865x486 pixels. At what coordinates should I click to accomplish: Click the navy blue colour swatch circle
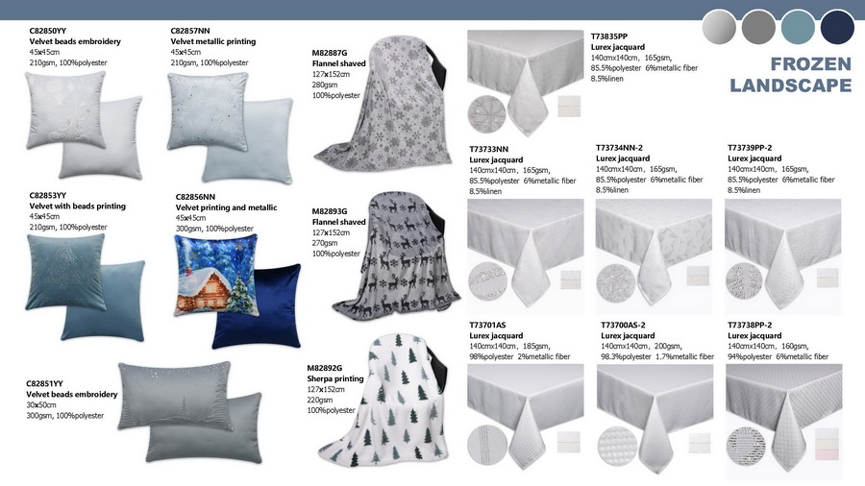[837, 27]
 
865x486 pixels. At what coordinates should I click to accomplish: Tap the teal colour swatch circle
[798, 27]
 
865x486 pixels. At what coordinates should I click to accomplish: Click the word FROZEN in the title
[811, 64]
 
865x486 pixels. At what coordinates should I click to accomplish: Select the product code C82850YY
[47, 31]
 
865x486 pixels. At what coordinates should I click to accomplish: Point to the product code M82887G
[330, 53]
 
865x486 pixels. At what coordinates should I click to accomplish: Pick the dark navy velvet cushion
[257, 306]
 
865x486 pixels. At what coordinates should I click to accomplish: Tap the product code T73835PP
[609, 36]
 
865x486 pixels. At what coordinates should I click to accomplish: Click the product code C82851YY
[44, 383]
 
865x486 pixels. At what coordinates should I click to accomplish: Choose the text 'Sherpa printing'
[335, 378]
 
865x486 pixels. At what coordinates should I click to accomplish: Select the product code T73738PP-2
[750, 325]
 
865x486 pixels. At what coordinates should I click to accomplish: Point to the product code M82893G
[330, 211]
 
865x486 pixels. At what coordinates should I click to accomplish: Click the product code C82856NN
[195, 197]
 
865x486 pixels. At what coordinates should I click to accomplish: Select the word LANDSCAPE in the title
[791, 85]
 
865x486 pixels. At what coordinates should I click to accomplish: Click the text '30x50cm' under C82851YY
[40, 405]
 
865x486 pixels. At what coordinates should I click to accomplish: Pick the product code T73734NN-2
[619, 148]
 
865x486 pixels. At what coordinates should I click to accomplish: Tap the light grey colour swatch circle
[719, 27]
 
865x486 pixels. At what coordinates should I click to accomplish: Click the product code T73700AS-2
[623, 325]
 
